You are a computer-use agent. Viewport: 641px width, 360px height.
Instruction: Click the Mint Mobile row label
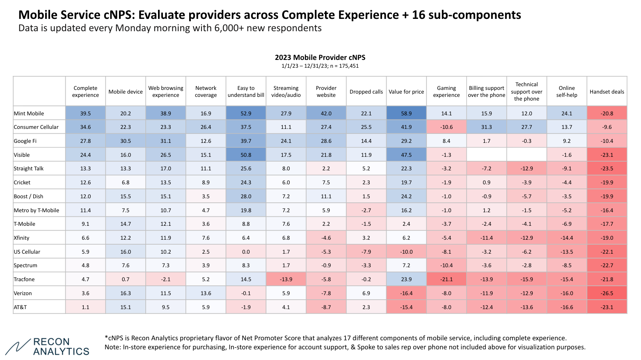pyautogui.click(x=29, y=113)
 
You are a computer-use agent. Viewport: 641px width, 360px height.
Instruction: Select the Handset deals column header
pyautogui.click(x=607, y=92)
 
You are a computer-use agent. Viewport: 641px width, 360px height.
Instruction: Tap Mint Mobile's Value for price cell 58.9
pyautogui.click(x=406, y=113)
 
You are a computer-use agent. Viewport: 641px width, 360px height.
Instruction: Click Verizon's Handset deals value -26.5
pyautogui.click(x=607, y=293)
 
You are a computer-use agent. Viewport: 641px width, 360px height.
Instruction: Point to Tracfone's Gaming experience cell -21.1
pyautogui.click(x=446, y=279)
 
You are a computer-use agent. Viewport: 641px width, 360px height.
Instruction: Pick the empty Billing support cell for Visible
pyautogui.click(x=486, y=155)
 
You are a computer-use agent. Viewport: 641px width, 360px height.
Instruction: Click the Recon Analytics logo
pyautogui.click(x=48, y=347)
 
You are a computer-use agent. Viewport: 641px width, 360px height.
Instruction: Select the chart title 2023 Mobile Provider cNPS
pyautogui.click(x=320, y=57)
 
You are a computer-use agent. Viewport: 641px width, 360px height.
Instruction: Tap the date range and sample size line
pyautogui.click(x=320, y=66)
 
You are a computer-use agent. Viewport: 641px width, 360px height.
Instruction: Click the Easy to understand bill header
pyautogui.click(x=246, y=92)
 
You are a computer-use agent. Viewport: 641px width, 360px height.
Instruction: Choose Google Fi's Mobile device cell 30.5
pyautogui.click(x=126, y=141)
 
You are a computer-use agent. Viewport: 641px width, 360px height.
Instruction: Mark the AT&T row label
pyautogui.click(x=21, y=307)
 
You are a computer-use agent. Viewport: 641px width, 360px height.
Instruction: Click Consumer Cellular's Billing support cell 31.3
pyautogui.click(x=486, y=127)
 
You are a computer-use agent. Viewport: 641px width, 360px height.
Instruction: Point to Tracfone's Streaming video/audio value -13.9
pyautogui.click(x=286, y=279)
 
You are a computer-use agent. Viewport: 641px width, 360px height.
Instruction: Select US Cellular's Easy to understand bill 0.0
pyautogui.click(x=246, y=252)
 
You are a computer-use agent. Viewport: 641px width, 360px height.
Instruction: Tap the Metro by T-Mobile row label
pyautogui.click(x=37, y=210)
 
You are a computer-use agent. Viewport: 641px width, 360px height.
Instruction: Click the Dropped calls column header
pyautogui.click(x=366, y=92)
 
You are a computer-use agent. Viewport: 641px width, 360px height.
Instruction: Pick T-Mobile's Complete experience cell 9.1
pyautogui.click(x=85, y=224)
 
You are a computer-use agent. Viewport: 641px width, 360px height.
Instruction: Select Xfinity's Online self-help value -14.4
pyautogui.click(x=567, y=238)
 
